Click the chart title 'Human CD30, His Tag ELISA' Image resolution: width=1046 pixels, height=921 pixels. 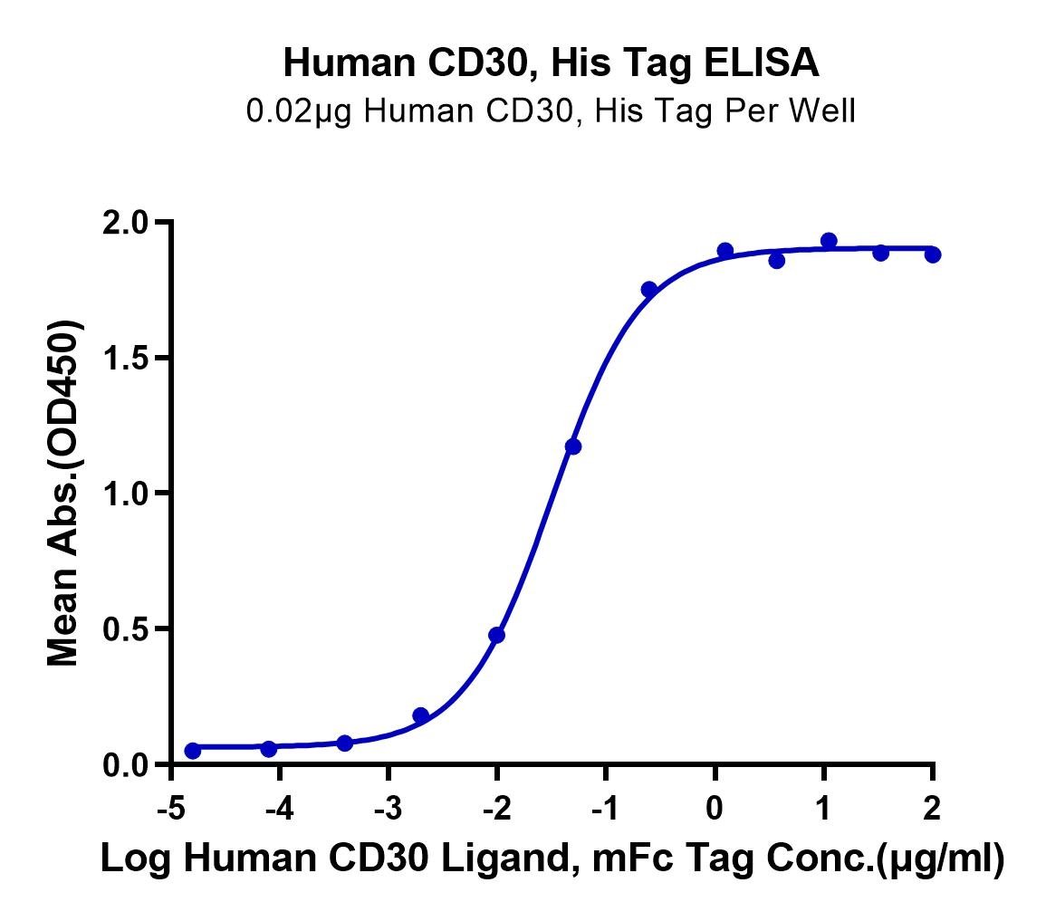(551, 63)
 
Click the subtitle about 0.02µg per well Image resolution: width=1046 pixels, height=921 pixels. (551, 110)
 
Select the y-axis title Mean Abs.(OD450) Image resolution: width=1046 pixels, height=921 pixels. (63, 493)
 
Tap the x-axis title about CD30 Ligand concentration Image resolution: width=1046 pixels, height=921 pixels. (552, 859)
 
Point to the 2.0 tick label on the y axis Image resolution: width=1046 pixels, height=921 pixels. (125, 223)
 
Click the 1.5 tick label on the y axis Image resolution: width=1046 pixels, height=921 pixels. (125, 359)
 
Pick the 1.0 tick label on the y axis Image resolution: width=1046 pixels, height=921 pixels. (125, 494)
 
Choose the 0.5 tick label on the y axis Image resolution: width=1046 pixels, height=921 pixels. (125, 628)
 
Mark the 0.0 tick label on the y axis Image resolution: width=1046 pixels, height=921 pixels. (125, 765)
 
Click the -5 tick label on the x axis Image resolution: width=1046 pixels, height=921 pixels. (171, 809)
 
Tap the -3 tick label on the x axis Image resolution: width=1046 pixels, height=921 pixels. (389, 809)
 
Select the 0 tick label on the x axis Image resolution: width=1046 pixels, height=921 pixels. (715, 809)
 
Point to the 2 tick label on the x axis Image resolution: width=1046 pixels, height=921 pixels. (932, 809)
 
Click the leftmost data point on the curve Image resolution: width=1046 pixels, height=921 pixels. (193, 751)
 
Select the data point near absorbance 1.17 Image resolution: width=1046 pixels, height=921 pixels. (573, 446)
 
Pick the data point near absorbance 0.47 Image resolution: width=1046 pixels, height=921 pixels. (496, 635)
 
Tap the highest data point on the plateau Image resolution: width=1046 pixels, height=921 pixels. (830, 241)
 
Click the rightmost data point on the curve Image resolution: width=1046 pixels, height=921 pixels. (933, 254)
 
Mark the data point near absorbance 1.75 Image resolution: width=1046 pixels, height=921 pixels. (649, 290)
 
